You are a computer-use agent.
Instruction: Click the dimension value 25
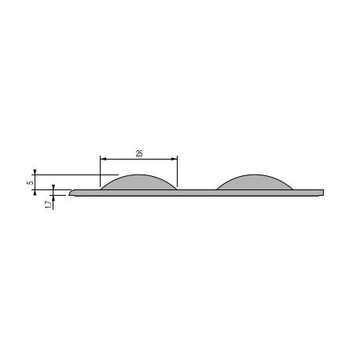click(139, 153)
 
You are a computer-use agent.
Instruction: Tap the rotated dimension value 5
click(31, 182)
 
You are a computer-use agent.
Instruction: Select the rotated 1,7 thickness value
click(49, 204)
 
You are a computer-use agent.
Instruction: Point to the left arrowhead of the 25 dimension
click(103, 159)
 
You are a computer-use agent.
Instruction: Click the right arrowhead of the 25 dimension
click(174, 159)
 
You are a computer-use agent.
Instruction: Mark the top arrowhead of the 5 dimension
click(35, 172)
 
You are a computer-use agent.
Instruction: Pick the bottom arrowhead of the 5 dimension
click(35, 193)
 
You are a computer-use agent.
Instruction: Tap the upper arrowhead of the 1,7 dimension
click(53, 187)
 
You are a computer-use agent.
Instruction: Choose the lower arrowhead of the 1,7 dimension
click(53, 198)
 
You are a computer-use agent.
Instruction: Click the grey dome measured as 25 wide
click(139, 182)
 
